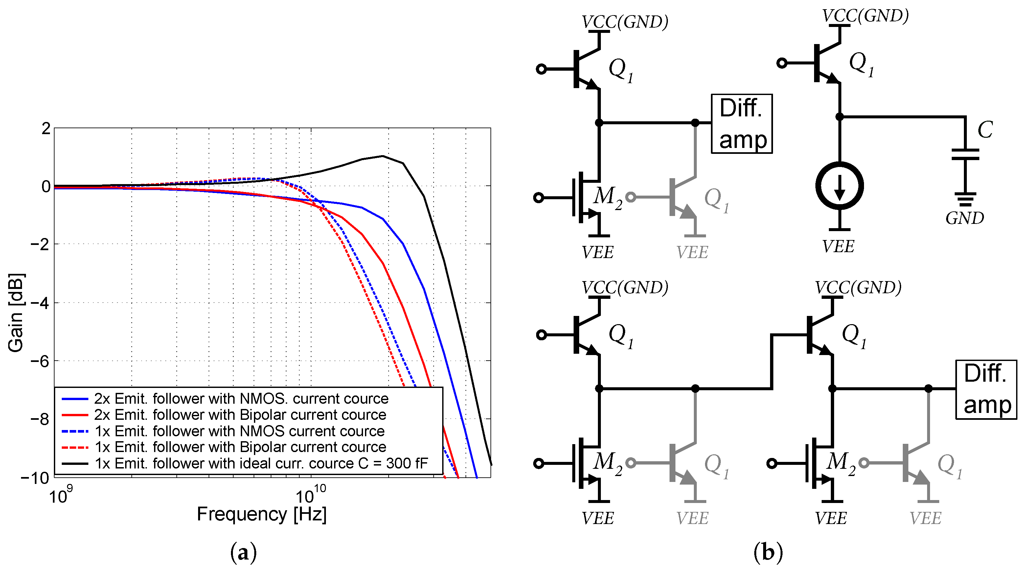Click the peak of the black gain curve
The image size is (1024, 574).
pyautogui.click(x=382, y=156)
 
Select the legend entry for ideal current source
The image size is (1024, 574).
pyautogui.click(x=261, y=464)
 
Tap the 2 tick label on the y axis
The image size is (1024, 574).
pyautogui.click(x=46, y=129)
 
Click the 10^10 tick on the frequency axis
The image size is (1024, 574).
pyautogui.click(x=310, y=495)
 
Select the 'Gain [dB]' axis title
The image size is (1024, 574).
pyautogui.click(x=16, y=313)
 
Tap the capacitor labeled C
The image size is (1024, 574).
pyautogui.click(x=965, y=154)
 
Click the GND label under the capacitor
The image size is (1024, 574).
pyautogui.click(x=964, y=218)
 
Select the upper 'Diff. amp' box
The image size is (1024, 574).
pyautogui.click(x=741, y=124)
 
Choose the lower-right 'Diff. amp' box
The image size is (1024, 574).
pyautogui.click(x=986, y=390)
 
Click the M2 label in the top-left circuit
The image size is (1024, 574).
pyautogui.click(x=607, y=197)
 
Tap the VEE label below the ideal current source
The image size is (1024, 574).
pyautogui.click(x=838, y=247)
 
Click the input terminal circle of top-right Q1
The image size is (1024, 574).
pyautogui.click(x=782, y=63)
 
